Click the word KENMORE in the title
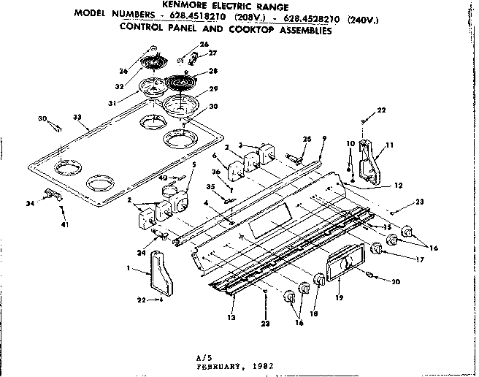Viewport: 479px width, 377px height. pyautogui.click(x=177, y=6)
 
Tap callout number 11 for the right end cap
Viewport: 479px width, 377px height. pyautogui.click(x=389, y=145)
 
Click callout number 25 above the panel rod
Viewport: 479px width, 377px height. pyautogui.click(x=307, y=139)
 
